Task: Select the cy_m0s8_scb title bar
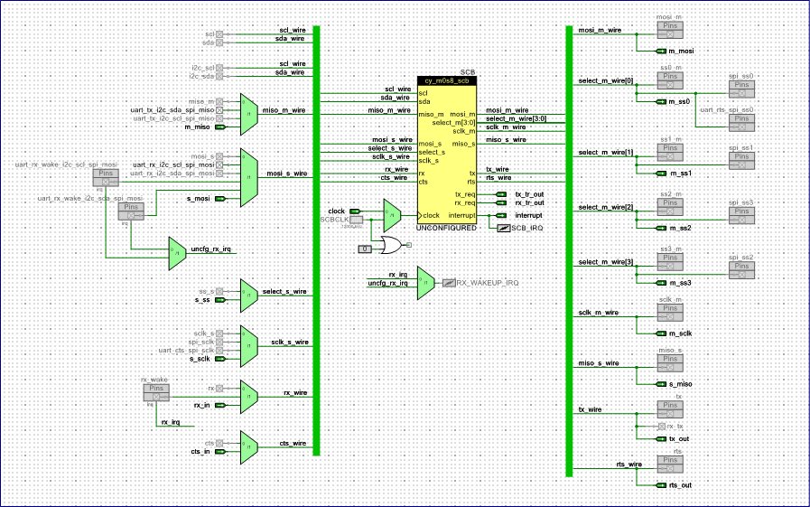tap(447, 80)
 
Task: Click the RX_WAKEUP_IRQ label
tap(487, 283)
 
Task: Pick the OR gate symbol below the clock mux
tap(393, 245)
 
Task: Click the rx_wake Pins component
tap(155, 392)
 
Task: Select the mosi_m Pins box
tap(670, 30)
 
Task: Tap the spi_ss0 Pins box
tap(741, 88)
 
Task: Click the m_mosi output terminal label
tap(680, 51)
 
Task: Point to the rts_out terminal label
tap(680, 485)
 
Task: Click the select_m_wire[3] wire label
tap(605, 262)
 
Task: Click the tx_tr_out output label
tap(529, 193)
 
